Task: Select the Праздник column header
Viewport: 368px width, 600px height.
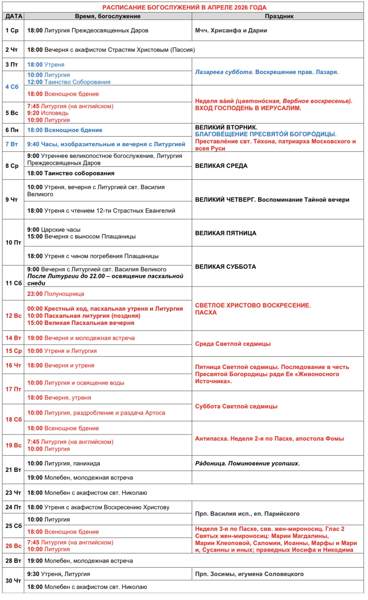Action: (279, 16)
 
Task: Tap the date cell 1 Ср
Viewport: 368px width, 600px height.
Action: (12, 30)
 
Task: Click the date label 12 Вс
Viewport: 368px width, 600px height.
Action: (13, 316)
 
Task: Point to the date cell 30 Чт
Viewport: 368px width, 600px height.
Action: (13, 581)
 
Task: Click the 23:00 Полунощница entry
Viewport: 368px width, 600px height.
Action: (55, 294)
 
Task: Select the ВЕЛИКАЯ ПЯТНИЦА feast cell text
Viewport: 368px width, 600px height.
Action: (225, 233)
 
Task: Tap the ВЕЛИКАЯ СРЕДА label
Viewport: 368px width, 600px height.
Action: (221, 166)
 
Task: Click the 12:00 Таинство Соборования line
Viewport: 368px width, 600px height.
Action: (69, 82)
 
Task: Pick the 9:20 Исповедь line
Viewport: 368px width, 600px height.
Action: (48, 113)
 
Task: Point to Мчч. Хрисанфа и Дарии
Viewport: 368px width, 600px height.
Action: (231, 30)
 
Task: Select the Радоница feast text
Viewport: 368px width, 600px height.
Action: (247, 463)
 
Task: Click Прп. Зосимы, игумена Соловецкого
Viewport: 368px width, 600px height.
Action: (249, 574)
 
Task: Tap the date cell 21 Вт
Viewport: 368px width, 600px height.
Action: (13, 470)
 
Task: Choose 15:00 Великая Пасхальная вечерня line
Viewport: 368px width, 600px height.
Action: (81, 323)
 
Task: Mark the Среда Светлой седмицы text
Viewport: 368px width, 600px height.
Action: (233, 344)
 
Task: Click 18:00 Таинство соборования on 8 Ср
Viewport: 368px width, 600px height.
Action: (71, 173)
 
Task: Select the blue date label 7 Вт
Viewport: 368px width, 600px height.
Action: (12, 144)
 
